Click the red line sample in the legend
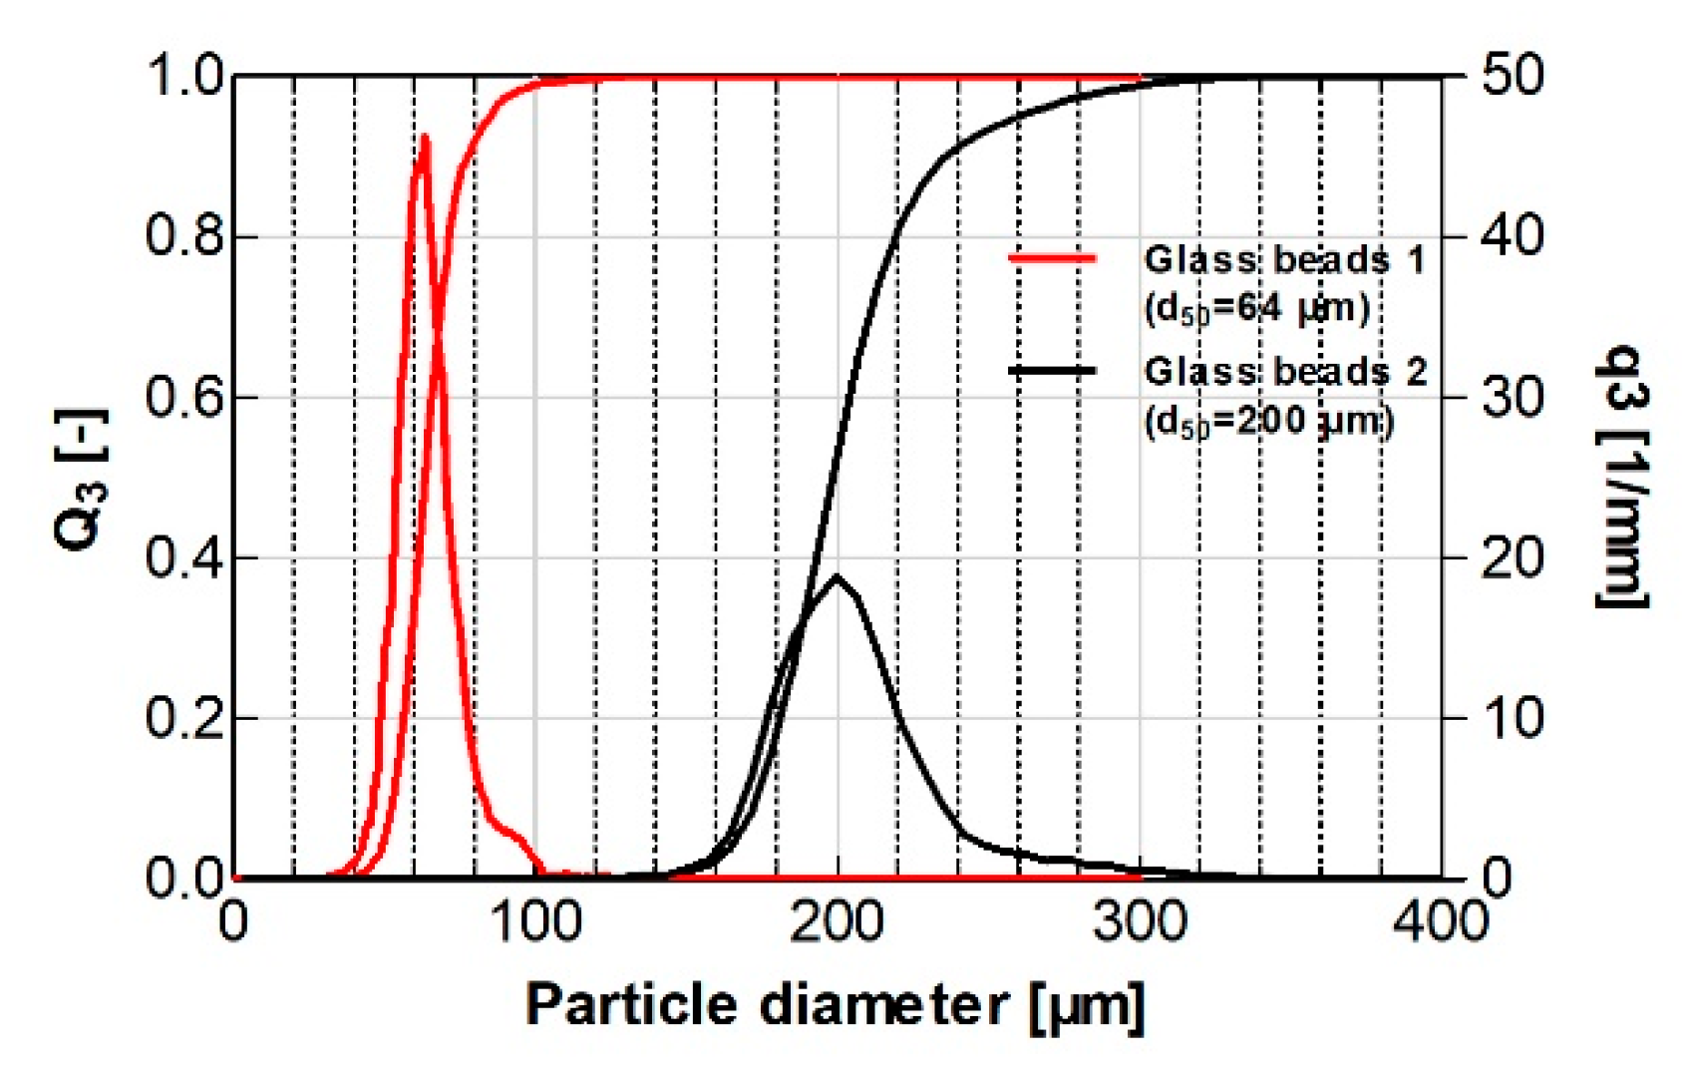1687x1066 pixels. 1052,259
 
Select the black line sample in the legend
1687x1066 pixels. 1052,371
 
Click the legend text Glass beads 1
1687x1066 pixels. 1284,260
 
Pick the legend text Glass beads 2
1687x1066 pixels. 1284,372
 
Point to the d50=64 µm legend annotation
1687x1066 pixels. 1257,309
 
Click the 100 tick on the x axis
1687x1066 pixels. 536,922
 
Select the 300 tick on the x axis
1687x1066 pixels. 1140,922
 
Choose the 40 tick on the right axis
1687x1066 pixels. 1512,237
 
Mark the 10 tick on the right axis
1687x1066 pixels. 1512,718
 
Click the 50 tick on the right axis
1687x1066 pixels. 1512,77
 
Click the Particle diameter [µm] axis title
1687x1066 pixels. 836,1005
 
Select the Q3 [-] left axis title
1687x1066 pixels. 80,479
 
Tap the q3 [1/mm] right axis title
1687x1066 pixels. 1621,477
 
